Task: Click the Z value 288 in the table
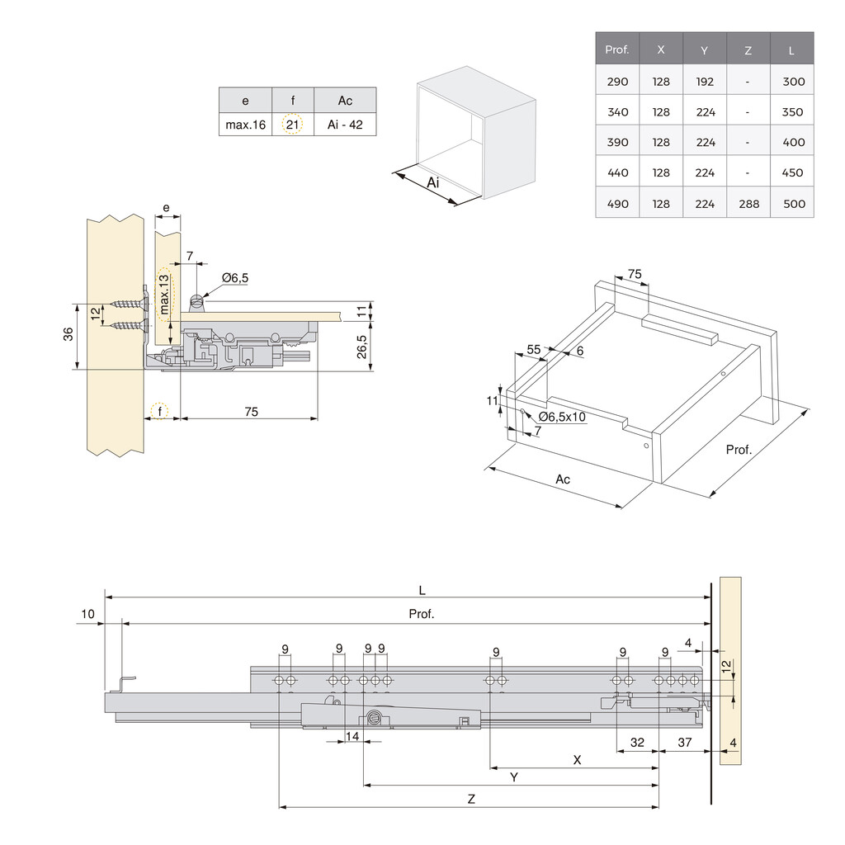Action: point(748,203)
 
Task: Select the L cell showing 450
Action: point(792,172)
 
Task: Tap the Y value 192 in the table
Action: point(704,82)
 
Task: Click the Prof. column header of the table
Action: point(616,50)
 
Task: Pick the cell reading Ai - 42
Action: point(345,125)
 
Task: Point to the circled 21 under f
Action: point(293,125)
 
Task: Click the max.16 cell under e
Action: point(245,125)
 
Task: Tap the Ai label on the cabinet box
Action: point(432,182)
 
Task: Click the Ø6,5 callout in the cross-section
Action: point(234,278)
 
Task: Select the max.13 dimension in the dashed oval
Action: point(164,295)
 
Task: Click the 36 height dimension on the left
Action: point(68,333)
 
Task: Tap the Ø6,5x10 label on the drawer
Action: point(562,417)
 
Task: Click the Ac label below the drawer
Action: point(563,479)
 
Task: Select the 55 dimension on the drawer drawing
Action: point(534,349)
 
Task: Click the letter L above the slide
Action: point(422,589)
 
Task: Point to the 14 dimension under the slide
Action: point(352,736)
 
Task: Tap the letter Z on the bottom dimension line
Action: point(470,799)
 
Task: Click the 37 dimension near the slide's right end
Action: point(685,742)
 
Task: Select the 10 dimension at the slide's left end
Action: point(88,614)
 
